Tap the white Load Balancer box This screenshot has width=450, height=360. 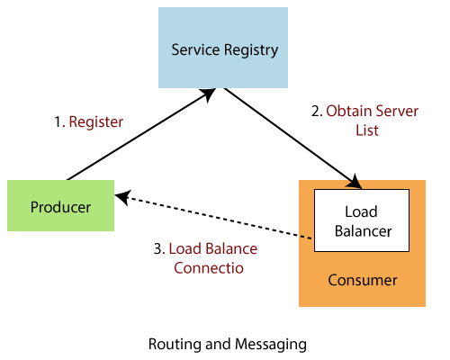point(360,221)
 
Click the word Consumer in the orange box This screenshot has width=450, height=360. point(362,280)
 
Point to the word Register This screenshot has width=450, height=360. point(96,121)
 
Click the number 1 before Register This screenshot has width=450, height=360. point(58,121)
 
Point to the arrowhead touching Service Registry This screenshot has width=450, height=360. point(210,92)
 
